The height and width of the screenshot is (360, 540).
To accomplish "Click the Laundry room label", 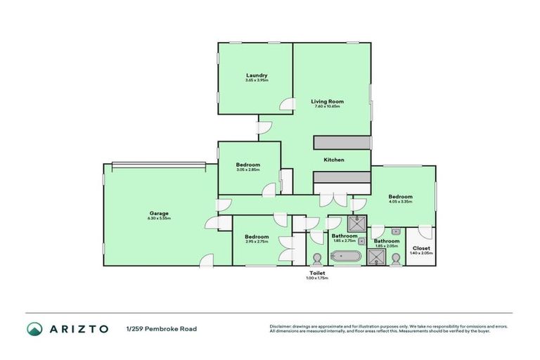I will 256,75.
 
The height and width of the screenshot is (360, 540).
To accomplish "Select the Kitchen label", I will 333,160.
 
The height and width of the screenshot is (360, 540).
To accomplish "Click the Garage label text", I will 158,213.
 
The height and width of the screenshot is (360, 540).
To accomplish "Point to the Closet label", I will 421,248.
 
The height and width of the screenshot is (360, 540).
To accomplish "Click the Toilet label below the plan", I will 316,273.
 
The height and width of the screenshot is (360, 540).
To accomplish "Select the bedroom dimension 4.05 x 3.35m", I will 400,202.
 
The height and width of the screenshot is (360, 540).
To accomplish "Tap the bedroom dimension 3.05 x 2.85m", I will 247,169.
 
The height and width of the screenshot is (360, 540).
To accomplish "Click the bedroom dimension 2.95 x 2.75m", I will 257,241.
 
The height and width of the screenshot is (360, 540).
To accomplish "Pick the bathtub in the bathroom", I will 345,257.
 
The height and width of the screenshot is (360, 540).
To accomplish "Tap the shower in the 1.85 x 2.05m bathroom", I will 377,258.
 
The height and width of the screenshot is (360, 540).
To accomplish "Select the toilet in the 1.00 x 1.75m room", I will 316,258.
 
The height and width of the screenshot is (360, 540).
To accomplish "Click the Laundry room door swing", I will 286,105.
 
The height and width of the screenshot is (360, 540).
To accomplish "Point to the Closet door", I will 424,231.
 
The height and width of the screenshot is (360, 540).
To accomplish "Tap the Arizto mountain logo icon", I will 34,328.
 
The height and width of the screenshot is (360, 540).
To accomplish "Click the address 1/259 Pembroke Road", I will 161,328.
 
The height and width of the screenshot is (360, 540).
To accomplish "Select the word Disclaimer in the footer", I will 281,326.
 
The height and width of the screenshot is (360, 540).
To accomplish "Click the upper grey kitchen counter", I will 342,143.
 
